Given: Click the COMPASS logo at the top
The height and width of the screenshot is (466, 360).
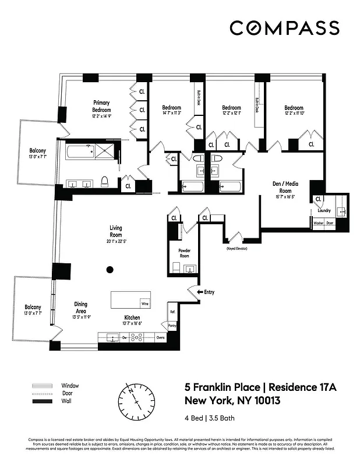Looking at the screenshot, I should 284,28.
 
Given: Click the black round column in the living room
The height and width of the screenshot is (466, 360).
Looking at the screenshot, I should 110,269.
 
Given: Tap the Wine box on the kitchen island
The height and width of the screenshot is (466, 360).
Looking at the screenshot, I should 144,303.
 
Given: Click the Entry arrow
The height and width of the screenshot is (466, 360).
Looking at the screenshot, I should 200,292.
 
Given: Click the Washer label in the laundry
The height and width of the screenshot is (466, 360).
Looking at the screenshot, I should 319,223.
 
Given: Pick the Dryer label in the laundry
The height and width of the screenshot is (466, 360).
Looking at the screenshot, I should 330,223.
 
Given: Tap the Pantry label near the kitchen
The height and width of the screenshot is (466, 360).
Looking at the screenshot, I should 172,327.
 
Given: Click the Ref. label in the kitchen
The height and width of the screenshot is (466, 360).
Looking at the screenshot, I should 172,311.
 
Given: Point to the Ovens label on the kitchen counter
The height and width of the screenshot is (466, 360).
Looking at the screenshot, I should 161,337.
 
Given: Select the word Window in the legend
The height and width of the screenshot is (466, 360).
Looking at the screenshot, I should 69,386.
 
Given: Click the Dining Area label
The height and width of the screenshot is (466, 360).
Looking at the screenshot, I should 81,306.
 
